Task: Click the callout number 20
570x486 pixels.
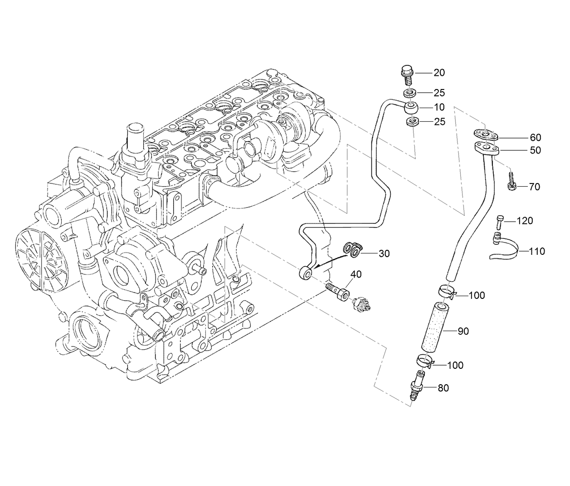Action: (439, 73)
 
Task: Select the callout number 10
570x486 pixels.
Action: (439, 108)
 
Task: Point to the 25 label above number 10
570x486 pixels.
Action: (439, 93)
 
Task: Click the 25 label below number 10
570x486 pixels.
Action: (439, 122)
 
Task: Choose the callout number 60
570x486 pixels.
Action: (535, 138)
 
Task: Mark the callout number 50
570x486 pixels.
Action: (535, 150)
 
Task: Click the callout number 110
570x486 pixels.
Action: (536, 251)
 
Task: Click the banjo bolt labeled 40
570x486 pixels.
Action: (338, 293)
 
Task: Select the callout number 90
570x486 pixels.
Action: (463, 332)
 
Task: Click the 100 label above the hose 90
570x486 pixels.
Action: (476, 296)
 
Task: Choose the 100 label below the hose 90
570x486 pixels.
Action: (455, 365)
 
